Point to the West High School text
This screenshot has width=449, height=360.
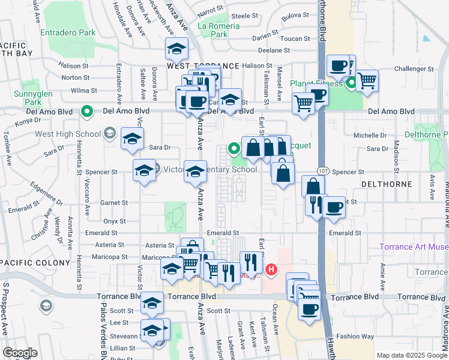coord(67,133)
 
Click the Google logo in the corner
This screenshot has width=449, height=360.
coord(20,353)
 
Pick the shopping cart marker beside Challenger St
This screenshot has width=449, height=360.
coord(366,80)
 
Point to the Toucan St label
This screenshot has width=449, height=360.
coord(295,39)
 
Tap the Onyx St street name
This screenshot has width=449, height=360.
coord(114,221)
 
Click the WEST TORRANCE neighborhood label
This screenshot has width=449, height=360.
coord(192,65)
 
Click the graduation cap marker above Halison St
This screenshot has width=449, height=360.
coord(177,49)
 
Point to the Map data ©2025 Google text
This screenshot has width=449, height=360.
coord(411,355)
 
